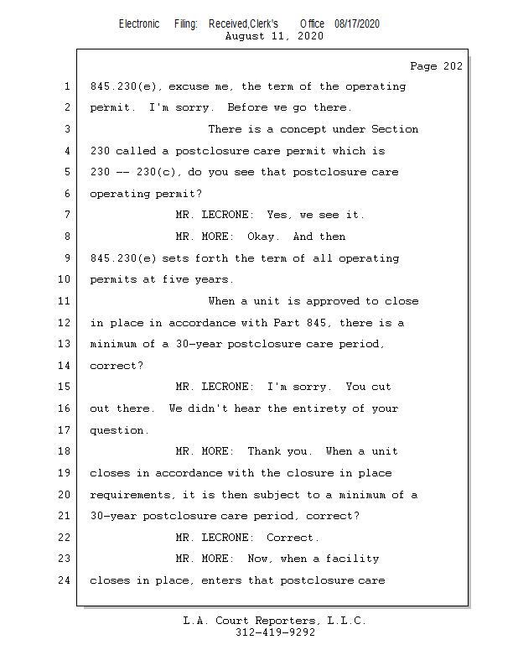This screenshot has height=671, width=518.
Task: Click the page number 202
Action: (453, 66)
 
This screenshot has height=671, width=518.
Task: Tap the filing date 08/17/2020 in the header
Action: (357, 23)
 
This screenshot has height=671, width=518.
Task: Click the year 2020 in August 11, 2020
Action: (310, 36)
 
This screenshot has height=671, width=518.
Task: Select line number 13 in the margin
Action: (64, 344)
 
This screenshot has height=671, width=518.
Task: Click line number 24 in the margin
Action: (64, 580)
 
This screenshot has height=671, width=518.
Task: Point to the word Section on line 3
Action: (395, 129)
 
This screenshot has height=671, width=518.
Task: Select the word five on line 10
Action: (175, 279)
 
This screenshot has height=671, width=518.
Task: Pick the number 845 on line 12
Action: (316, 323)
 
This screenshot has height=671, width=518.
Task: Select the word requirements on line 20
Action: (130, 495)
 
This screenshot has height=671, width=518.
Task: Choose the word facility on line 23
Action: (353, 559)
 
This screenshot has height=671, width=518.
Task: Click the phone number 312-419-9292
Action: (275, 632)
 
